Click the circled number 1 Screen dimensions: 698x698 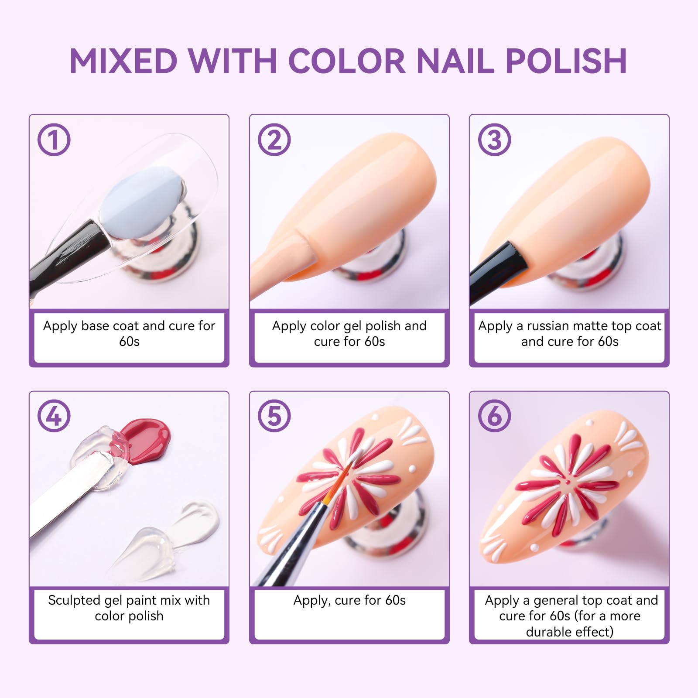point(54,140)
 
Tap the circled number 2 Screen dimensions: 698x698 point(274,140)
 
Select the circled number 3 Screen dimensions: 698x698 point(494,140)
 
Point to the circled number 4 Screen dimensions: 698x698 point(54,416)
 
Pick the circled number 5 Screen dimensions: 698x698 point(274,416)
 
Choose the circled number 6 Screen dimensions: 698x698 point(494,416)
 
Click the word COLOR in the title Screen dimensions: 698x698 point(347,61)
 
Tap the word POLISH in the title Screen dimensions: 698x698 point(566,61)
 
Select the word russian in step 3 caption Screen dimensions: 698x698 point(547,326)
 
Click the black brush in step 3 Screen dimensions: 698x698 point(497,266)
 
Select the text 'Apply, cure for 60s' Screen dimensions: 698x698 point(349,601)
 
